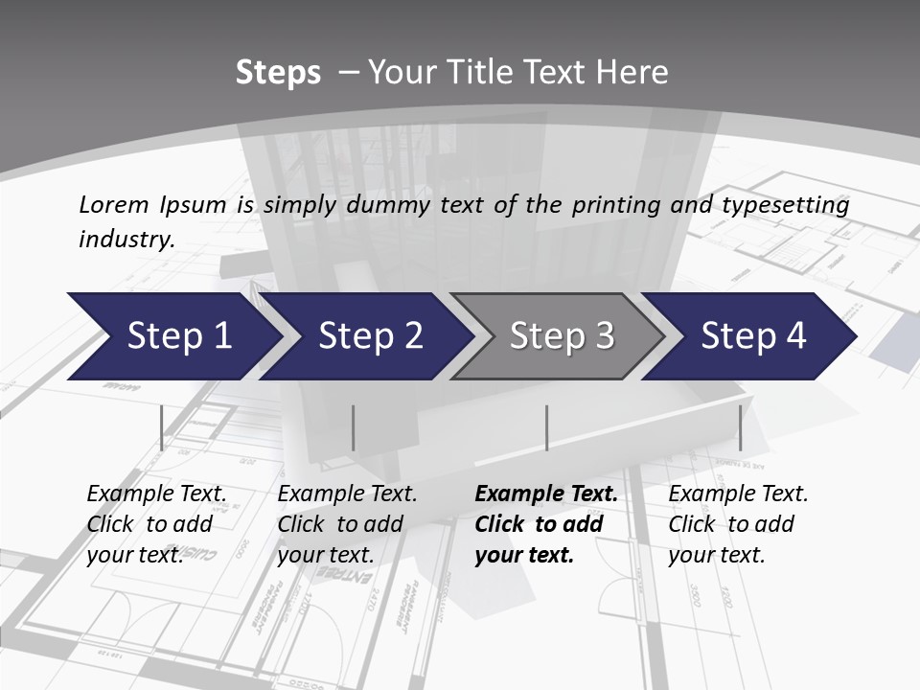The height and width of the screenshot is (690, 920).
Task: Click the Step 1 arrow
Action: tap(177, 336)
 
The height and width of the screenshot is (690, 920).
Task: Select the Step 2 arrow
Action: tap(370, 336)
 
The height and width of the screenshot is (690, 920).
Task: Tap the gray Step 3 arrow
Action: tap(562, 336)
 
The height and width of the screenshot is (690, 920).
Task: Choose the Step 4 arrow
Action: tap(753, 336)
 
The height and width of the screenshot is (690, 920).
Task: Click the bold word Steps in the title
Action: tap(278, 73)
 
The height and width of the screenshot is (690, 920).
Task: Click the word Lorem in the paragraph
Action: tap(114, 205)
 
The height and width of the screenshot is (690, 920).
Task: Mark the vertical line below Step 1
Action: tap(161, 427)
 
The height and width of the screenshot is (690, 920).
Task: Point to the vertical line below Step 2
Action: tap(354, 427)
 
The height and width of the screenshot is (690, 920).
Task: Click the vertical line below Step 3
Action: tap(546, 427)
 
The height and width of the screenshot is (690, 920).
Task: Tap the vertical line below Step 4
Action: tap(740, 427)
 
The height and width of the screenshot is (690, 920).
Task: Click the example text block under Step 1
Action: tap(156, 524)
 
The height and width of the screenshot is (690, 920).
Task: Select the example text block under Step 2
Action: tap(347, 524)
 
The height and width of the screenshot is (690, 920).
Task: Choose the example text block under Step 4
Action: tap(738, 524)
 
